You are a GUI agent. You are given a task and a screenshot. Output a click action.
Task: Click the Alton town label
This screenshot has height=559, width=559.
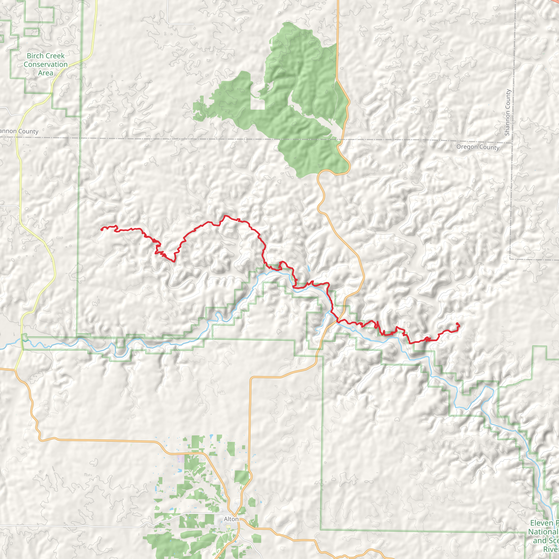click(231, 519)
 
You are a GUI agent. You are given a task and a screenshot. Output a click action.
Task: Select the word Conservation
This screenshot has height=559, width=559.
click(46, 64)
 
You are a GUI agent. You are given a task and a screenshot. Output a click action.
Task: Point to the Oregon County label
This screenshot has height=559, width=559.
click(478, 147)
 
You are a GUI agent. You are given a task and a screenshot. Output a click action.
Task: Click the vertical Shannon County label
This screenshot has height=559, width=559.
click(507, 112)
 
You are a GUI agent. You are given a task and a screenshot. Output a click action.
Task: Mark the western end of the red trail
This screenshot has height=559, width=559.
click(101, 230)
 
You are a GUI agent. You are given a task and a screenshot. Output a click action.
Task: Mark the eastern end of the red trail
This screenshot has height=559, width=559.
click(457, 323)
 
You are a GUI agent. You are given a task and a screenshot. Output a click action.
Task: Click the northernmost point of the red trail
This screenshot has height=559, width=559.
click(225, 216)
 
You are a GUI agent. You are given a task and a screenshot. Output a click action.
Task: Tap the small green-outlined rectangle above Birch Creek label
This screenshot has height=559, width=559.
click(32, 32)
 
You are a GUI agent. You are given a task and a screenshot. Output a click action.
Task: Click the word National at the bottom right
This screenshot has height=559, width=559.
click(543, 532)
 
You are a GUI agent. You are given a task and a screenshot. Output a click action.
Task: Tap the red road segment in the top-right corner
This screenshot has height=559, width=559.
click(554, 2)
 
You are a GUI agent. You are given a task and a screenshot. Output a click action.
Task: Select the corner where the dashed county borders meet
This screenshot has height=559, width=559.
click(512, 143)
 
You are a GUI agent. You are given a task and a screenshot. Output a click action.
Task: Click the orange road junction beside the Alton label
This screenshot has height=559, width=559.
click(238, 516)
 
